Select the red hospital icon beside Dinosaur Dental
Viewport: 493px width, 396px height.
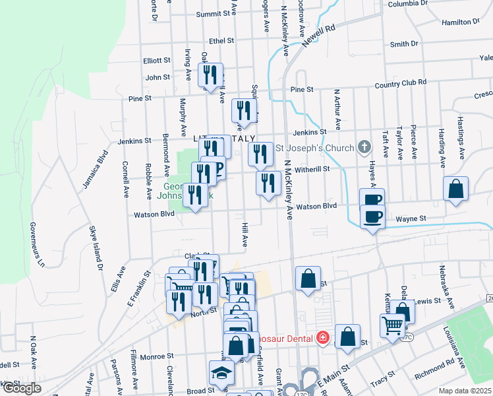[x=322, y=338]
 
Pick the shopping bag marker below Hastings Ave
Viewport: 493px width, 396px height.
[x=455, y=189]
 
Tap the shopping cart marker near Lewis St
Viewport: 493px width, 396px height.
[x=392, y=325]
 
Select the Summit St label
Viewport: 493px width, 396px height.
[x=220, y=13]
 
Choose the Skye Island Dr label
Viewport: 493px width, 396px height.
[x=97, y=248]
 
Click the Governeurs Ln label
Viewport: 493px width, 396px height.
[x=36, y=244]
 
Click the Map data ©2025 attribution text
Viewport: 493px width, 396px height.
[x=465, y=391]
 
